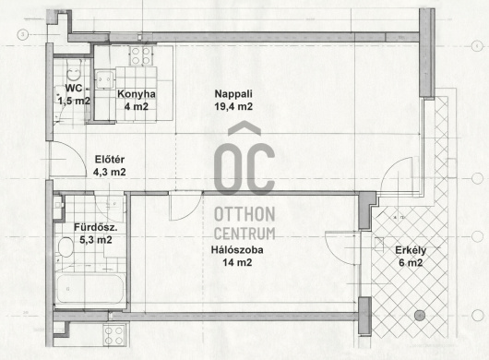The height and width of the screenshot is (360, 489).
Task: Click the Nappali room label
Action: [233, 93]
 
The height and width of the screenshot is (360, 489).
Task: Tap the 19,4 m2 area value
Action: [233, 106]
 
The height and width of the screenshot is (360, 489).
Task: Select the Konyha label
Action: [137, 94]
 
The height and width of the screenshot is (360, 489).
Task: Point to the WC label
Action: [74, 88]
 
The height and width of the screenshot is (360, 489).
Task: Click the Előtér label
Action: [110, 160]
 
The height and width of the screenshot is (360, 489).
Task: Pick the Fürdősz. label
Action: [96, 227]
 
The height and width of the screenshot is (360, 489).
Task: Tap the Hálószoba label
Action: [237, 249]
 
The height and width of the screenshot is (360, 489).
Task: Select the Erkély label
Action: [411, 250]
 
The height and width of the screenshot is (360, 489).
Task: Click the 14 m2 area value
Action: [237, 262]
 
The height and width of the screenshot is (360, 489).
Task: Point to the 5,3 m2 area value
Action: [96, 240]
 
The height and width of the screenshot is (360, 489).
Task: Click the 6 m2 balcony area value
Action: [411, 263]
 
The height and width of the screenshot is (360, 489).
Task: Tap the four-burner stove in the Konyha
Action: [141, 55]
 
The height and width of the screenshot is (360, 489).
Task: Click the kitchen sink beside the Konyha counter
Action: [104, 79]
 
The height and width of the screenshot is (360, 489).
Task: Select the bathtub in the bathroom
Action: [89, 289]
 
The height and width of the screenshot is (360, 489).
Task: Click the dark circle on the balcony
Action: [420, 316]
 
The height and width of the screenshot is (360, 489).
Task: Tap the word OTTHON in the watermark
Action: [244, 214]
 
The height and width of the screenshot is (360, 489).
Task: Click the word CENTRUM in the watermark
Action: [244, 234]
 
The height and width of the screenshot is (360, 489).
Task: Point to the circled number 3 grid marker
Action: [22, 34]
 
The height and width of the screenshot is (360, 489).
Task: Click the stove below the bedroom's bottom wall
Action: [114, 335]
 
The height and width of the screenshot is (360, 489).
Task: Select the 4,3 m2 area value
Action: [110, 172]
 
